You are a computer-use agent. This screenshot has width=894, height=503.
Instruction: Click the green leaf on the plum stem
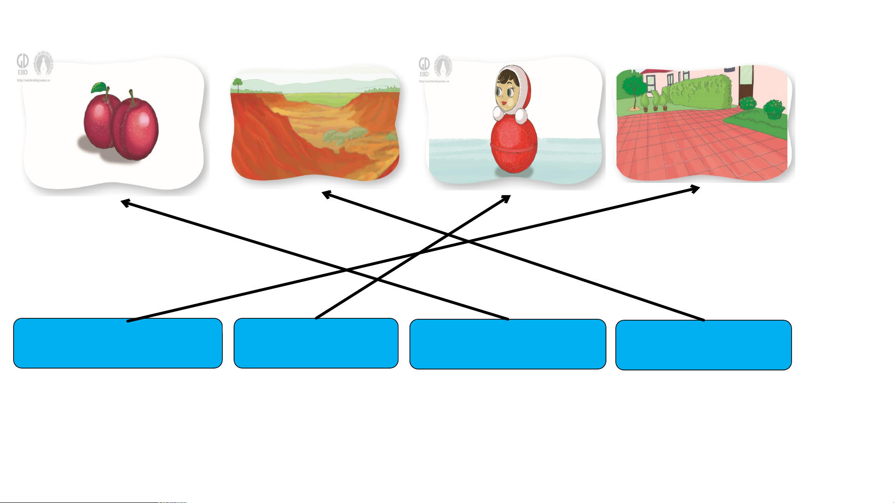[x=99, y=87]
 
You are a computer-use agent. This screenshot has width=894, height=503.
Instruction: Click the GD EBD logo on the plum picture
[x=22, y=64]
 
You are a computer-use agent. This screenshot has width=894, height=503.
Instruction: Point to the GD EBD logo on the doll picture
[x=424, y=66]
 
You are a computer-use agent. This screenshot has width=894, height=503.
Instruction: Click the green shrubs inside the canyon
[x=344, y=135]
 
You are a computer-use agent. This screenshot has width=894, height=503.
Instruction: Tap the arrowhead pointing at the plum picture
[x=125, y=203]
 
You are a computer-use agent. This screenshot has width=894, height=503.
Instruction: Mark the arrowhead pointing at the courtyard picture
[x=695, y=188]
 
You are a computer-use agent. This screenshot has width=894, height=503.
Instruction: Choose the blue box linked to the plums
[x=507, y=344]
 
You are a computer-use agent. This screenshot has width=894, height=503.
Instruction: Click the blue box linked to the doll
[x=316, y=343]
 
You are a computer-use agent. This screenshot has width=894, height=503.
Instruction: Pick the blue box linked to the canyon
[x=703, y=345]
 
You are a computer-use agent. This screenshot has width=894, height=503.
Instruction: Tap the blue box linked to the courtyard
[x=118, y=343]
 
